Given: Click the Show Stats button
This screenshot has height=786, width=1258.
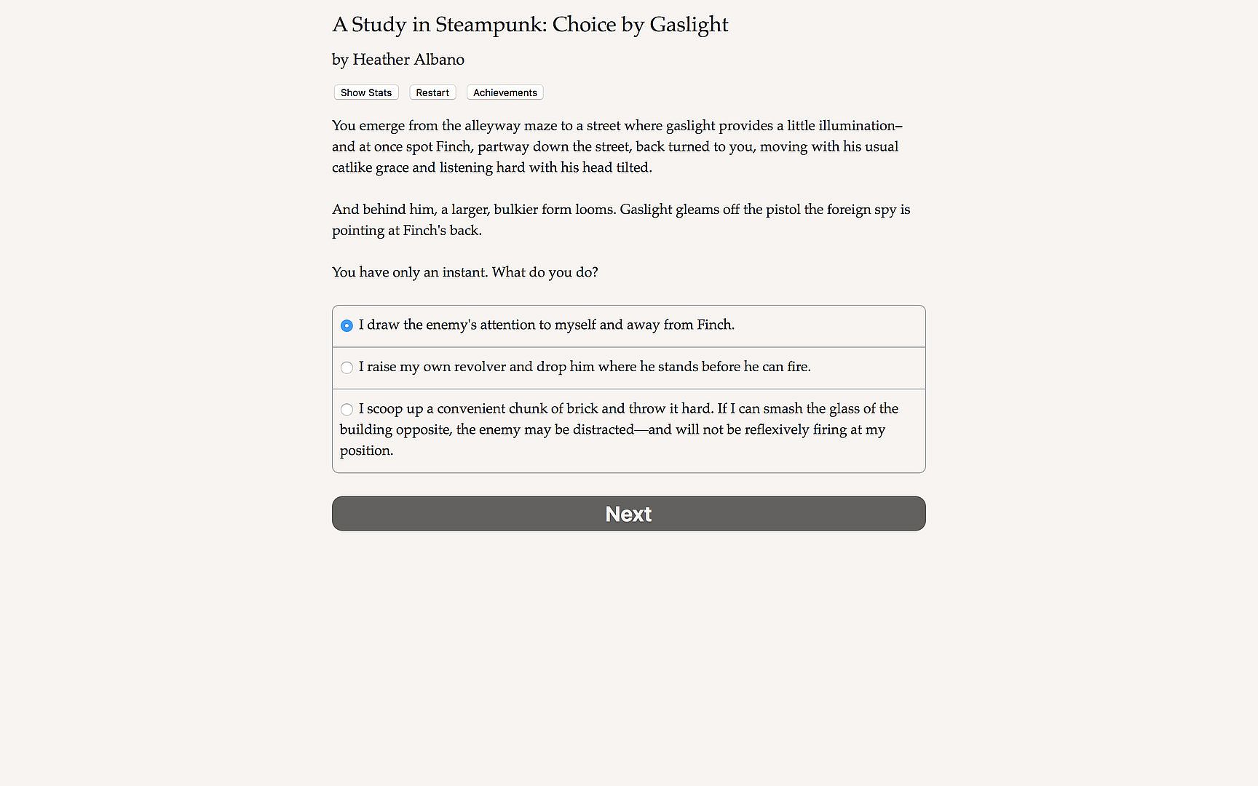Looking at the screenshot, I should click(366, 92).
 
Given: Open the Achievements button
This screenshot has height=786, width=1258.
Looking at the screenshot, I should click(505, 92).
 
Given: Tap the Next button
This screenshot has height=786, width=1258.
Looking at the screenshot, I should click(628, 514).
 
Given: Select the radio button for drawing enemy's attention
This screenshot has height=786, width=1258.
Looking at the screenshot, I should click(347, 325).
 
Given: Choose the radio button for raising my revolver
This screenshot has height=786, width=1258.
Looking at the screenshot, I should click(347, 368).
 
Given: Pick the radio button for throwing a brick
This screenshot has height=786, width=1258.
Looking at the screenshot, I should click(347, 410).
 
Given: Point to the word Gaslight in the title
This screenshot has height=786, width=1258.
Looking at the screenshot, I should click(688, 25).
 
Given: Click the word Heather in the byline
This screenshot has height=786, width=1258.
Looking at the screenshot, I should click(379, 60).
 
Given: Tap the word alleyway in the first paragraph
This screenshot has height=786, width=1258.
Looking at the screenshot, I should click(492, 126).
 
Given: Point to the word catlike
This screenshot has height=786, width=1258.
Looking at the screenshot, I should click(352, 167).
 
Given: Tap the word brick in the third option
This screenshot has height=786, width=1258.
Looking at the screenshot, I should click(582, 408).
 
